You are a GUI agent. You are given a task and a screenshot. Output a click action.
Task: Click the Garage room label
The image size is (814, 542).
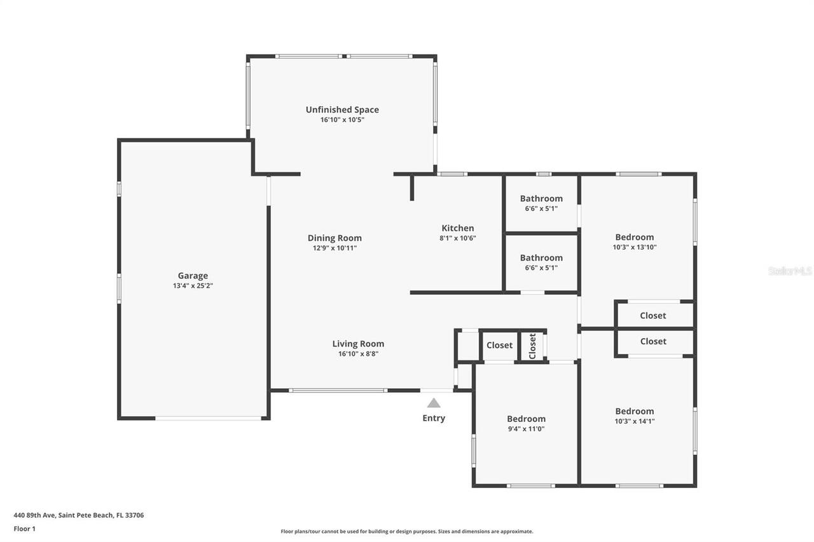tap(193, 276)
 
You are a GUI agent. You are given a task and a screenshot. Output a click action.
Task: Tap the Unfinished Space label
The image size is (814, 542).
tap(342, 110)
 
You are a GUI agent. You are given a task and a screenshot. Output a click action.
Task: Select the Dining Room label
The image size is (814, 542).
tap(335, 238)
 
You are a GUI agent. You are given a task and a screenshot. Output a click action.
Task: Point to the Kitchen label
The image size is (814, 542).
tap(458, 228)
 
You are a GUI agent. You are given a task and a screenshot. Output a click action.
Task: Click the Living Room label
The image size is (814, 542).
tap(358, 344)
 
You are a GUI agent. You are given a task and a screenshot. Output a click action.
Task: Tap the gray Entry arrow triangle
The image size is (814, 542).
tap(434, 403)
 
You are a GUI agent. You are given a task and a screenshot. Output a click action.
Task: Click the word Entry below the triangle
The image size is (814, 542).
tap(434, 418)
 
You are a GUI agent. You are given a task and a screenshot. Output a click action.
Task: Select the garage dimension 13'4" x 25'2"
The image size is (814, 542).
tap(193, 286)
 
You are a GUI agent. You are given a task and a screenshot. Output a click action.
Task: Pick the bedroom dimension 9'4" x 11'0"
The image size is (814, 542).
tap(526, 429)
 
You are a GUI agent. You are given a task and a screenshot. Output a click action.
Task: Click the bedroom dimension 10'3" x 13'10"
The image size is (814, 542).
tap(634, 247)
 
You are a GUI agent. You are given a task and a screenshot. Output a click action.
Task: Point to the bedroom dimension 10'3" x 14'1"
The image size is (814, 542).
tap(634, 421)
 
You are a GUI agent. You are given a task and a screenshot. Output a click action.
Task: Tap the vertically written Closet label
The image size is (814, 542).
tap(533, 346)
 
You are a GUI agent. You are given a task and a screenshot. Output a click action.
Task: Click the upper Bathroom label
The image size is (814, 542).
tap(541, 198)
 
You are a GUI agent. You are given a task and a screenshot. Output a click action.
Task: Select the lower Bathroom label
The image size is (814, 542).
tap(541, 257)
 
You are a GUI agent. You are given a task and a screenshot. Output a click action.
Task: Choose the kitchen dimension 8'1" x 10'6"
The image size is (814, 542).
tap(458, 238)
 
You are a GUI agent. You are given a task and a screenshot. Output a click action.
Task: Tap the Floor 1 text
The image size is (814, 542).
tap(25, 529)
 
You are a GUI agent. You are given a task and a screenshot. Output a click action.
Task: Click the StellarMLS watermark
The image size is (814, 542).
tap(790, 271)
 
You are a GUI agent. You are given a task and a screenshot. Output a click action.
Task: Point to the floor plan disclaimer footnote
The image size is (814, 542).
tap(407, 531)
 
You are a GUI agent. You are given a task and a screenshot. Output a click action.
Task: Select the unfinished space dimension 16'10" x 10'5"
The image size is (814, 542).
tap(342, 119)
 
